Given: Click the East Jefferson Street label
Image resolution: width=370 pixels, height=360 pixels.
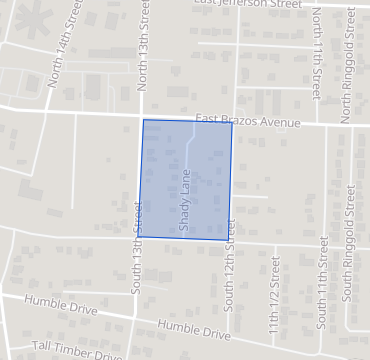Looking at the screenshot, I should coord(247,5).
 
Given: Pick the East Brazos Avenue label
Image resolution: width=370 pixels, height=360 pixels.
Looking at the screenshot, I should coord(248,121).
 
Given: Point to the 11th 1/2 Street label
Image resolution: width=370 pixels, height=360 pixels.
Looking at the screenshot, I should coord(272,300).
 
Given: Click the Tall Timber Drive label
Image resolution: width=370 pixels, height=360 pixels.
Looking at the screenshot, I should coord(76,348).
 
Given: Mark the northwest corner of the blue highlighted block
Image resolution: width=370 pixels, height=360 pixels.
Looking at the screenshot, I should coord(143,120).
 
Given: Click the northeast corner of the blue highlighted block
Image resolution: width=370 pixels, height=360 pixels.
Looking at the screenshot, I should coord(232,123).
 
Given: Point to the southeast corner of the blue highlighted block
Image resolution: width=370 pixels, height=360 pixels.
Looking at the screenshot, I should coord(228,240).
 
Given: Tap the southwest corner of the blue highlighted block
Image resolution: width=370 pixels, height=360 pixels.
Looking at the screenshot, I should coord(138,237).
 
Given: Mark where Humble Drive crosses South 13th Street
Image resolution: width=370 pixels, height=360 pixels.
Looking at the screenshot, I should coord(134,318).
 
